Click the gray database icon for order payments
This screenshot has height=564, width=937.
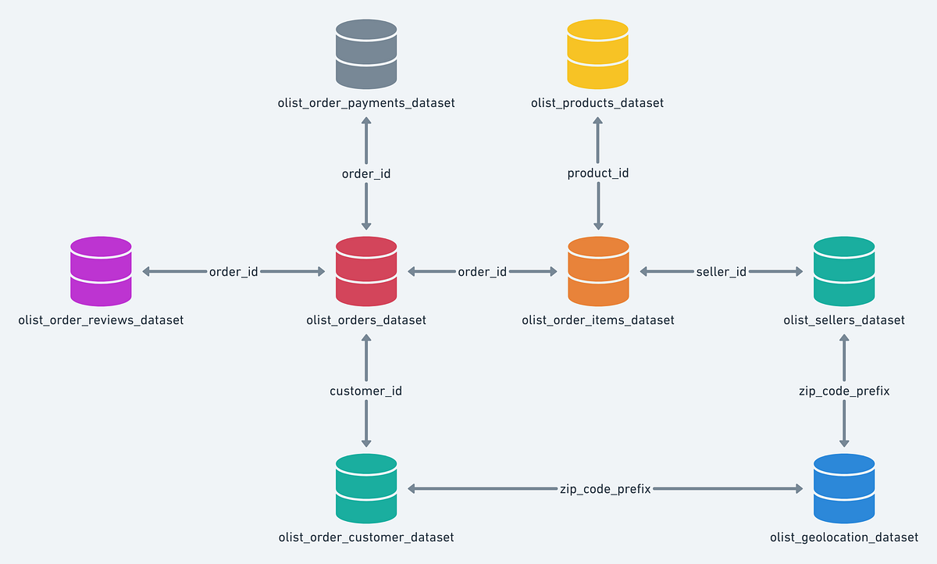point(366,54)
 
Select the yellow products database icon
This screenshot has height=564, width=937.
point(597,54)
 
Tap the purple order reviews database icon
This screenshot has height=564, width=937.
point(101,271)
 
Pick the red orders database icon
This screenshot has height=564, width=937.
point(366,271)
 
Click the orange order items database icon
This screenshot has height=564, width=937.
point(597,271)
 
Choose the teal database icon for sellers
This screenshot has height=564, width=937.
point(844,271)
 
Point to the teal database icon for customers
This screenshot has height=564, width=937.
point(366,489)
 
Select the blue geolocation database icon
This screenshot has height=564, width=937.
point(844,489)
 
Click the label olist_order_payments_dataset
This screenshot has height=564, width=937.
point(366,103)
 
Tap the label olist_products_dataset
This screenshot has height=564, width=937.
point(597,103)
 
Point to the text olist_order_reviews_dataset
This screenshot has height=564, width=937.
point(101,320)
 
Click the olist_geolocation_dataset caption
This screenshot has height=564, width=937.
point(844,537)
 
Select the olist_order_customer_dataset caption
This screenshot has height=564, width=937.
point(366,537)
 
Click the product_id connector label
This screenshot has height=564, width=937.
point(597,173)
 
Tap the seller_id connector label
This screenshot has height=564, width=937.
point(721,272)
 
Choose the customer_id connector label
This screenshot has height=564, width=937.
point(366,391)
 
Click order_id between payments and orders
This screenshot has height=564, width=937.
point(366,173)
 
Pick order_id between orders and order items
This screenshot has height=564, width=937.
point(482,272)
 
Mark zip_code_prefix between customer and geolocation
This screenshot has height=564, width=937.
point(605,489)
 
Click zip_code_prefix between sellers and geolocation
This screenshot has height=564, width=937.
point(844,391)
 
